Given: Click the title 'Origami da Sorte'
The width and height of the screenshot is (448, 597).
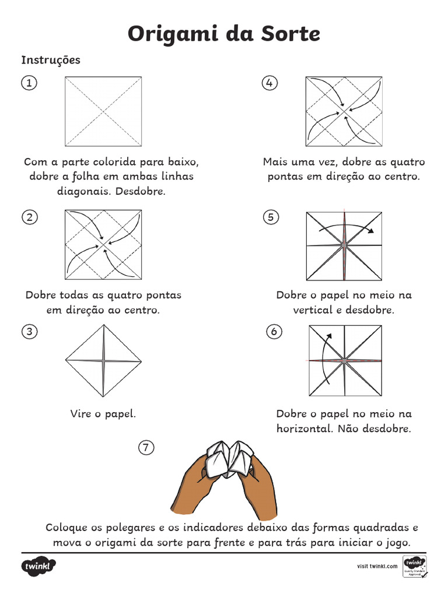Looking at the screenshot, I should click(224, 34).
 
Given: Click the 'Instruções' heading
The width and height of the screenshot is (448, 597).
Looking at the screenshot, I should click(51, 60).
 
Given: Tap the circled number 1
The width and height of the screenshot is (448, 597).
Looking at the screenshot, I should click(29, 83).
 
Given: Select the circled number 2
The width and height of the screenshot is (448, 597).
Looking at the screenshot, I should click(29, 217).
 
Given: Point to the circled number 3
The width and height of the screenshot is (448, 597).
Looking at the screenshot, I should click(29, 332).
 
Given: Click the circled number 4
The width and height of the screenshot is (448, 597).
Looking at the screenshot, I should click(269, 83).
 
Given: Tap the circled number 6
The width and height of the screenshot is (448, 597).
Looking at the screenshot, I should click(273, 332).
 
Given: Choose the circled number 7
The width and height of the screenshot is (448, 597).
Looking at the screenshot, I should click(146, 448).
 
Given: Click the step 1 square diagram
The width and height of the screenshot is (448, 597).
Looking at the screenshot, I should click(103, 111).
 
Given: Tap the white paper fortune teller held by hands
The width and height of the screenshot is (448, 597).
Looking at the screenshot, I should click(229, 458).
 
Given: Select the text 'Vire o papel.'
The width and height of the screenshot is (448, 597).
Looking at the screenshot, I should click(103, 414).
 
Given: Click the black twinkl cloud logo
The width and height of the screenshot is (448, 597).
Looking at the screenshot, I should click(39, 566).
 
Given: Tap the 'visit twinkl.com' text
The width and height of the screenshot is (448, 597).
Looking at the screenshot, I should click(376, 566).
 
